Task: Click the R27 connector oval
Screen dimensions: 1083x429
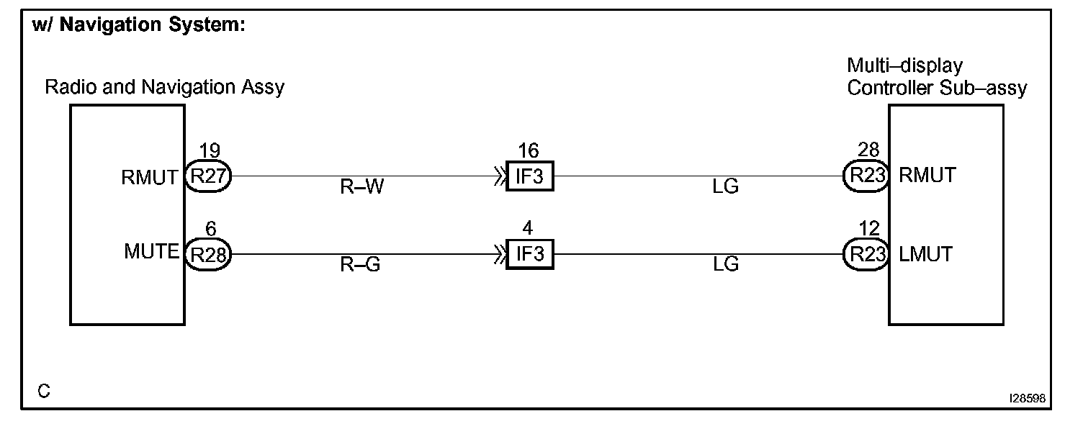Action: (x=208, y=176)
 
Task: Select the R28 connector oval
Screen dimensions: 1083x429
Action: (x=208, y=254)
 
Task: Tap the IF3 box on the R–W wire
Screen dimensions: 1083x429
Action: (x=529, y=177)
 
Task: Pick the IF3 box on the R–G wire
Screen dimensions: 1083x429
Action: (x=529, y=255)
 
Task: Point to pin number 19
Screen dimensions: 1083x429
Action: (x=209, y=151)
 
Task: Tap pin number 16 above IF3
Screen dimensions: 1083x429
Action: (x=529, y=151)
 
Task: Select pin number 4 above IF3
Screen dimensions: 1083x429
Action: (x=528, y=229)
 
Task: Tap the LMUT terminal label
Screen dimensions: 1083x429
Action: (x=926, y=254)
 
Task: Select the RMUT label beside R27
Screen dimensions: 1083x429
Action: (x=150, y=177)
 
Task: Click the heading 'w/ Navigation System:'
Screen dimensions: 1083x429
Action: (x=140, y=26)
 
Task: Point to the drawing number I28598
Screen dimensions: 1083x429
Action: (x=1028, y=397)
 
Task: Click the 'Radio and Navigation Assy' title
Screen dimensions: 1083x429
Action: (x=165, y=88)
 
